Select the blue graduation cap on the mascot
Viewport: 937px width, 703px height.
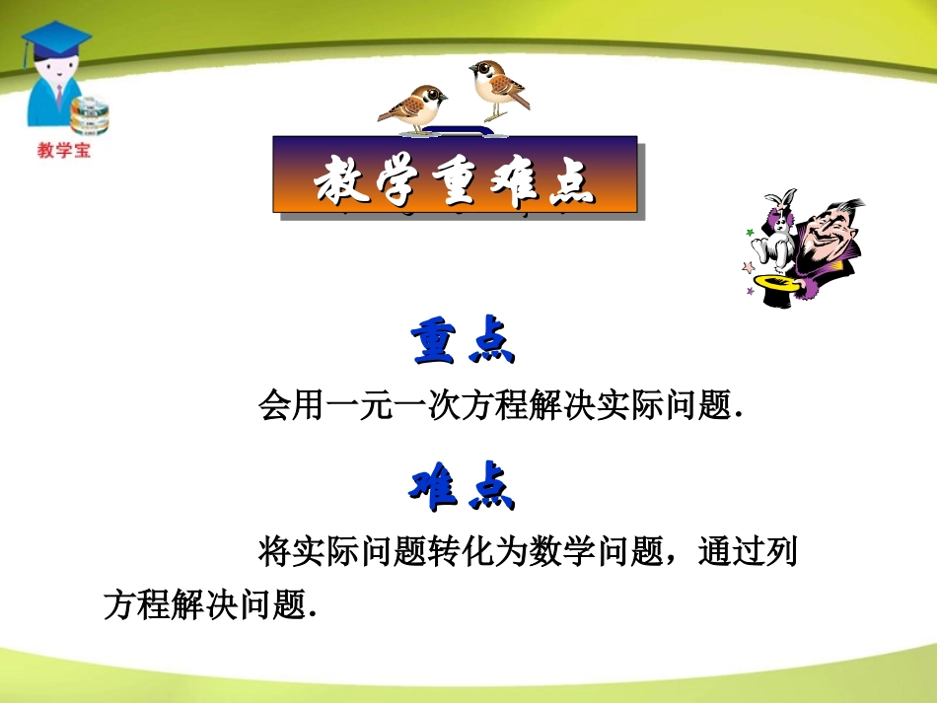point(55,41)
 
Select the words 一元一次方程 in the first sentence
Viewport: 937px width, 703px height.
point(392,406)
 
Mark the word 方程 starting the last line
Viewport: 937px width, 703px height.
point(136,603)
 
